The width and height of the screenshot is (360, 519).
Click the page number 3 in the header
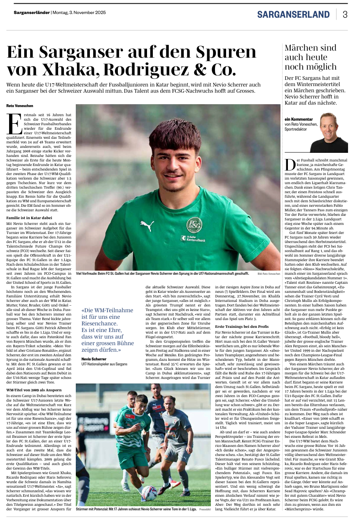tap(345, 14)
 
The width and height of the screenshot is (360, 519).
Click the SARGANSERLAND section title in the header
tap(293, 15)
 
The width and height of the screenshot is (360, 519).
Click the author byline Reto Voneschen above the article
tap(20, 106)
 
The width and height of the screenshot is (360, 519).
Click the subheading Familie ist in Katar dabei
tap(29, 217)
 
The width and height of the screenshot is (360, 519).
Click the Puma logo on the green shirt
tap(147, 225)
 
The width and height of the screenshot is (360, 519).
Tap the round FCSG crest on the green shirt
tap(194, 225)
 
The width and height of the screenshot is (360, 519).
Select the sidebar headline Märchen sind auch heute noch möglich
tap(311, 57)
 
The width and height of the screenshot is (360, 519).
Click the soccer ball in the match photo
tap(149, 493)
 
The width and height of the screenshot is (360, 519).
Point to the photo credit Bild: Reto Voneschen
tap(269, 274)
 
